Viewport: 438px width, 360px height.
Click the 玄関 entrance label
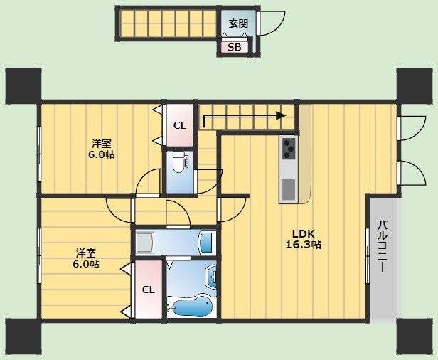[x=238, y=23]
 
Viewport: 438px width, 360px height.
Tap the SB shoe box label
[x=235, y=47]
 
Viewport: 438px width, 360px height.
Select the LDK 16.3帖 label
[x=303, y=239]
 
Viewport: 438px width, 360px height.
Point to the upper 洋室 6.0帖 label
[x=102, y=149]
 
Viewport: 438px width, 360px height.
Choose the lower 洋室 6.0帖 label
[x=86, y=258]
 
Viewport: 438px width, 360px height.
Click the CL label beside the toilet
[x=180, y=126]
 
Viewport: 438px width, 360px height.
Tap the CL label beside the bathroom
[x=149, y=290]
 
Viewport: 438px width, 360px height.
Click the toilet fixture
[x=178, y=162]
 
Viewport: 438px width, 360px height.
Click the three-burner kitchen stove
[x=289, y=149]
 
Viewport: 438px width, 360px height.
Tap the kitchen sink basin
[x=289, y=189]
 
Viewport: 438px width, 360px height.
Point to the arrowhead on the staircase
[x=281, y=115]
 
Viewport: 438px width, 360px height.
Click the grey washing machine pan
[x=145, y=242]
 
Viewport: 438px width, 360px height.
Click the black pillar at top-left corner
[x=23, y=86]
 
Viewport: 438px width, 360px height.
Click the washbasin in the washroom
[x=207, y=242]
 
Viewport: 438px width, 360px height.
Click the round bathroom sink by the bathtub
[x=211, y=277]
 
